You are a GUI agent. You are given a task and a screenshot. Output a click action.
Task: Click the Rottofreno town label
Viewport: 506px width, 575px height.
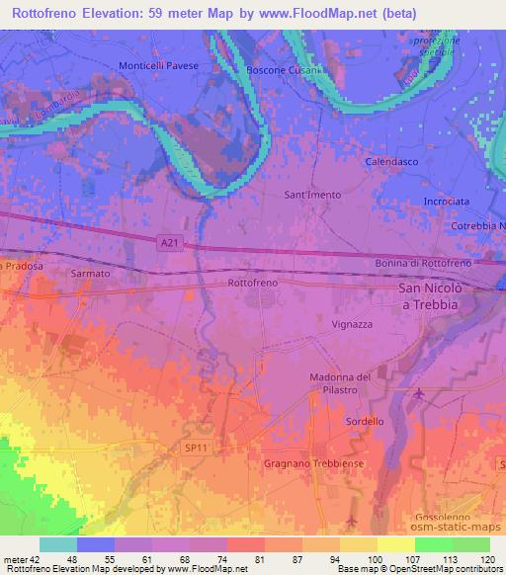(x=252, y=283)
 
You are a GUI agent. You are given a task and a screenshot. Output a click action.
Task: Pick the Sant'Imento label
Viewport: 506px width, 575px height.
(x=312, y=195)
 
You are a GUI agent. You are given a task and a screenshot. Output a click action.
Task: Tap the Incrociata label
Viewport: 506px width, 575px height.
(x=447, y=200)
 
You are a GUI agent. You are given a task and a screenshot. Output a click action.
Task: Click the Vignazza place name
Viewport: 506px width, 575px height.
(x=351, y=323)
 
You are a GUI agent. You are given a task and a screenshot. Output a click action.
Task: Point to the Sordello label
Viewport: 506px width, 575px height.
(x=365, y=422)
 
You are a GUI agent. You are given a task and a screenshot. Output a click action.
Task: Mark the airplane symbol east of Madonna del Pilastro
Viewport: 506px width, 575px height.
(x=418, y=395)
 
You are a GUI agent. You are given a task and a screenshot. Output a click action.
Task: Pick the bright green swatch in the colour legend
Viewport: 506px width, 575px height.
(x=433, y=543)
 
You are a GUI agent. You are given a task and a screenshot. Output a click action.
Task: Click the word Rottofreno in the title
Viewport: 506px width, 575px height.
(x=48, y=13)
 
